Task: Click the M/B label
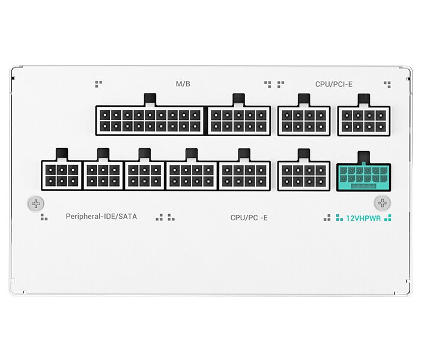pyautogui.click(x=183, y=84)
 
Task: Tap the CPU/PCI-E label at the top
pyautogui.click(x=334, y=84)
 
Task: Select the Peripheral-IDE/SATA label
pyautogui.click(x=101, y=217)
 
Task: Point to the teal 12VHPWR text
pyautogui.click(x=363, y=218)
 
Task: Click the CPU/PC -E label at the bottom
pyautogui.click(x=249, y=218)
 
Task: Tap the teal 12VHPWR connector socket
pyautogui.click(x=363, y=178)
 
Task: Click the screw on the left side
pyautogui.click(x=35, y=203)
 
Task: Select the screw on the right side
pyautogui.click(x=383, y=203)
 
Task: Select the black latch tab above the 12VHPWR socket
pyautogui.click(x=364, y=157)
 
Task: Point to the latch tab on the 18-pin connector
pyautogui.click(x=150, y=100)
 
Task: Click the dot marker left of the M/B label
pyautogui.click(x=98, y=84)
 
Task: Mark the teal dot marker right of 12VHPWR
pyautogui.click(x=388, y=218)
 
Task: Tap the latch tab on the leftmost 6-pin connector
pyautogui.click(x=62, y=155)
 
